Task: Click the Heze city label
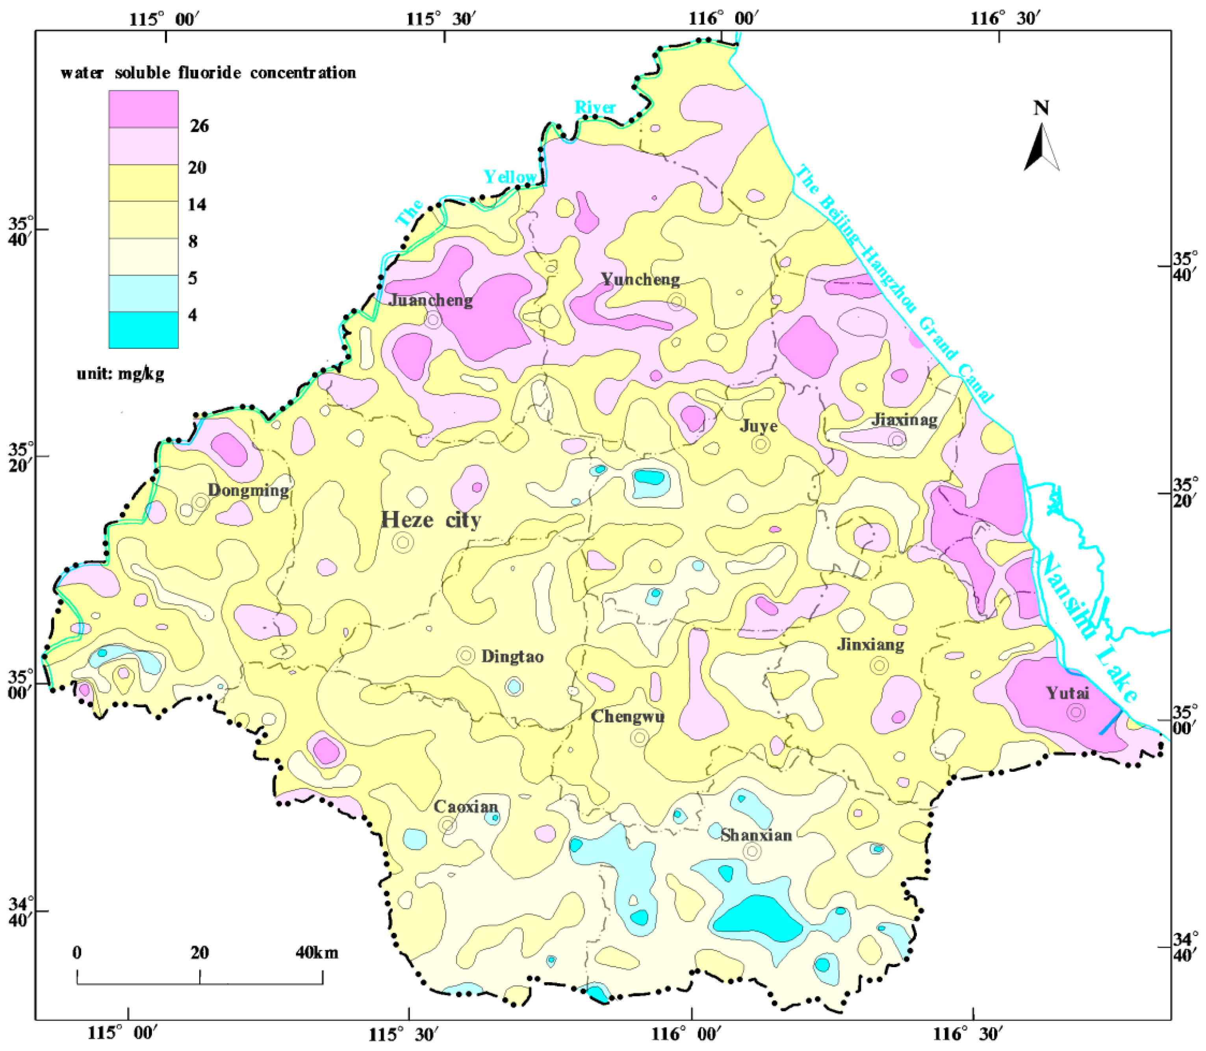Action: (x=431, y=520)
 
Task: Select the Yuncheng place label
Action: (x=640, y=280)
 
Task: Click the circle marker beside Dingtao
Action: (x=466, y=656)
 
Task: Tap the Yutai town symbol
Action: (x=1076, y=712)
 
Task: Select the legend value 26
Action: (x=199, y=126)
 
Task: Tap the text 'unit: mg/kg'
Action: (x=120, y=374)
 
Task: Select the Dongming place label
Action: (x=248, y=490)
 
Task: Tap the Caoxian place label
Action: (x=466, y=807)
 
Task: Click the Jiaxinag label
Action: (x=904, y=419)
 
